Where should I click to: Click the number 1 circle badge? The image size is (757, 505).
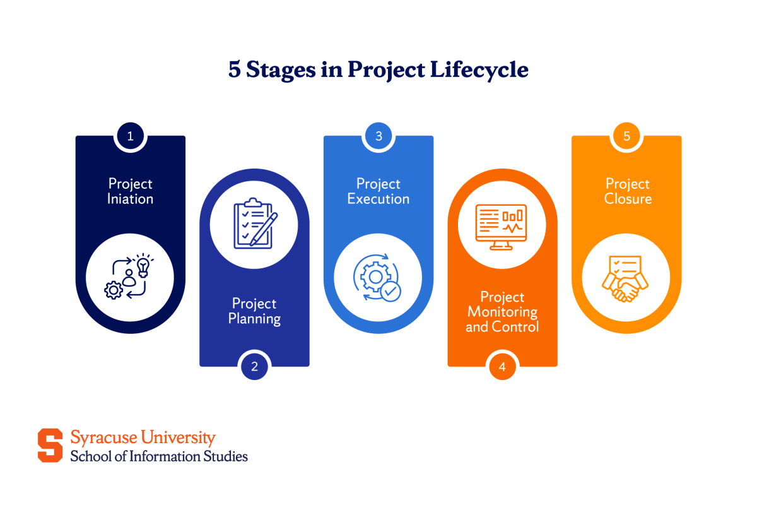pyautogui.click(x=130, y=136)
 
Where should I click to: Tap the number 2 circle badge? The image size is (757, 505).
pyautogui.click(x=254, y=366)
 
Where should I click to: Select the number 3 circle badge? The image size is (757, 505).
pyautogui.click(x=378, y=136)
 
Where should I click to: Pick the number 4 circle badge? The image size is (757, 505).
pyautogui.click(x=502, y=366)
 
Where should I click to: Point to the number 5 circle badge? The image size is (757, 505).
pyautogui.click(x=626, y=136)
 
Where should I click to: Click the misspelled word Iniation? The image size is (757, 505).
pyautogui.click(x=130, y=199)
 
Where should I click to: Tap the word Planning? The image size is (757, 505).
pyautogui.click(x=254, y=319)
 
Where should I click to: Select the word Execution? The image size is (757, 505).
pyautogui.click(x=378, y=199)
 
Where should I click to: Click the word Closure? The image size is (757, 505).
pyautogui.click(x=628, y=199)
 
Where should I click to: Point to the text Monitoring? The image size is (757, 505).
pyautogui.click(x=502, y=312)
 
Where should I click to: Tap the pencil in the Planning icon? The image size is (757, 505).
pyautogui.click(x=264, y=228)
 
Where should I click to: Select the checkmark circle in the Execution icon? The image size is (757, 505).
pyautogui.click(x=390, y=291)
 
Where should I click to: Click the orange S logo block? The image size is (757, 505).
pyautogui.click(x=50, y=445)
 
